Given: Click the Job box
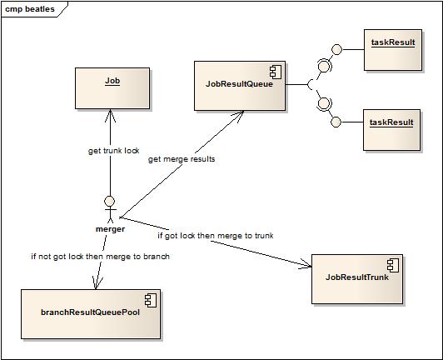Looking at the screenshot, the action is click(112, 88).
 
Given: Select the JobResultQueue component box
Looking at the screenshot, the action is click(240, 86).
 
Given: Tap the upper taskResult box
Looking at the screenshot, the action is click(393, 50).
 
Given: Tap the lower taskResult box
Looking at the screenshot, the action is click(392, 130).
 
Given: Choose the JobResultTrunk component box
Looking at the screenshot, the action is click(357, 279).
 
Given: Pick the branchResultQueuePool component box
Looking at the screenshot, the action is click(91, 314).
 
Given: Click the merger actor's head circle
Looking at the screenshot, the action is click(110, 201).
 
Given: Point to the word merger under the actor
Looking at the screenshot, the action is click(110, 229).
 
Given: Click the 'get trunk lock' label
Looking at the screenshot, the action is click(113, 151).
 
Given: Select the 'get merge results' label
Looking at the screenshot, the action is click(182, 159).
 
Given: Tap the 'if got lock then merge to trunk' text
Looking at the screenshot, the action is click(216, 236).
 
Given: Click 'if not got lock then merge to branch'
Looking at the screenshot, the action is click(100, 257).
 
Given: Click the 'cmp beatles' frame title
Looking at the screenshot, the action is click(30, 9).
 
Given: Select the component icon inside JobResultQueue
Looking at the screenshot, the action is click(276, 72).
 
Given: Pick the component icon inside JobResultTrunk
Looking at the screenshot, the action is click(393, 265).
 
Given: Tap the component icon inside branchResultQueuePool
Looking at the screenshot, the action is click(151, 300).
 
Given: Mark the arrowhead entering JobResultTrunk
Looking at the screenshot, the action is click(306, 264).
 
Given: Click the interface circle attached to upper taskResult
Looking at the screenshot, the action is click(336, 49).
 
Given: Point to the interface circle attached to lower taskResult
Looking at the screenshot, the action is click(336, 122).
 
